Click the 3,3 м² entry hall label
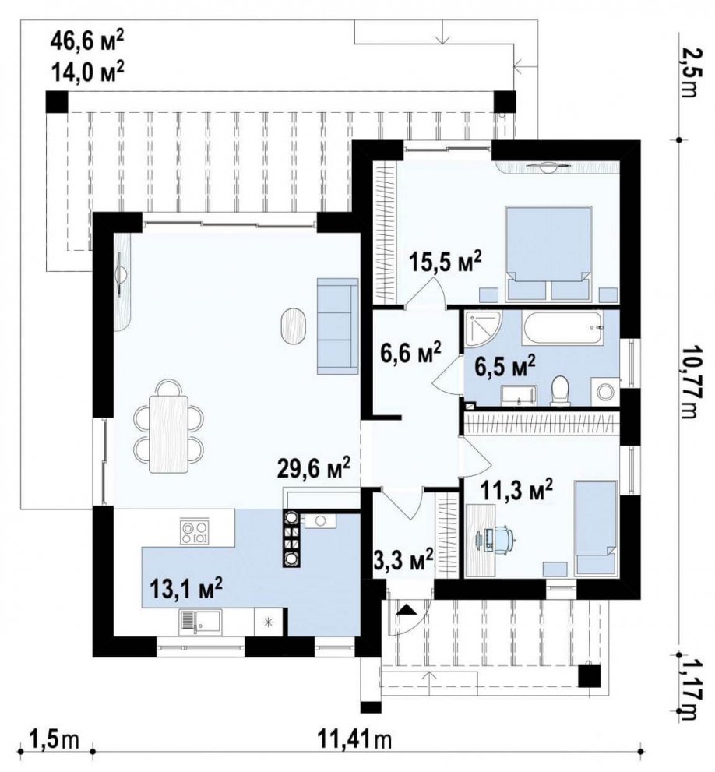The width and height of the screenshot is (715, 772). point(403,560)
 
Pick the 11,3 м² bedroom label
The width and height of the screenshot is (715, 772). point(516,489)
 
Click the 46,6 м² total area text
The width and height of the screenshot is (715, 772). point(86,40)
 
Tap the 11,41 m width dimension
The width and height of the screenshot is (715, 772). point(354,739)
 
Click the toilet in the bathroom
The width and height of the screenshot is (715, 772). point(560,391)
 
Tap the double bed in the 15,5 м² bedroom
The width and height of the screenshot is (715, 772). point(548,253)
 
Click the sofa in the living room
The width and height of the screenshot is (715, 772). point(338,326)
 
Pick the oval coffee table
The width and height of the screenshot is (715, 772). point(294,324)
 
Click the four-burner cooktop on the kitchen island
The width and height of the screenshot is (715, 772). point(194,532)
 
